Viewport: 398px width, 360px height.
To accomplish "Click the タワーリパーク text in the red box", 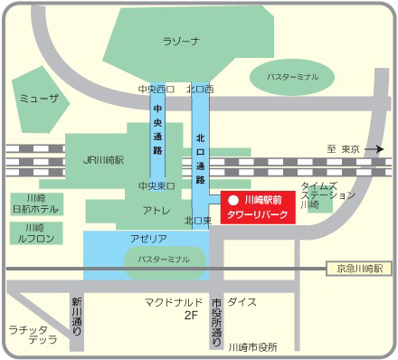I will pos(257,215).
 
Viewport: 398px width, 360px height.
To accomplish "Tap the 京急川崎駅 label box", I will pos(358,269).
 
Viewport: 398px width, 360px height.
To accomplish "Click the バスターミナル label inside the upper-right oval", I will pos(292,78).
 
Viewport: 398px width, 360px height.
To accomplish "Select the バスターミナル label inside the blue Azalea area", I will pos(163,260).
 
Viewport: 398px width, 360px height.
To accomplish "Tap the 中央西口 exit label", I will pos(155,90).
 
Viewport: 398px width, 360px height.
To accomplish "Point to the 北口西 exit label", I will pos(199,90).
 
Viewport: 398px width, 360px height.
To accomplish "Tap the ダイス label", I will pos(242,301).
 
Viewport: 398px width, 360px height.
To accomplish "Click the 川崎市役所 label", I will pos(252,346).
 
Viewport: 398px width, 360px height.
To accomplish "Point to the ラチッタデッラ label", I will pos(31,334).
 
